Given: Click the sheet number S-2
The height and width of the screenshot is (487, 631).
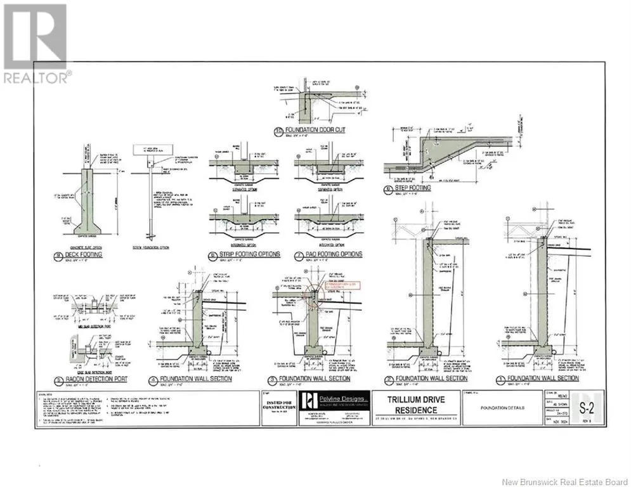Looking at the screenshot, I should click(x=588, y=402).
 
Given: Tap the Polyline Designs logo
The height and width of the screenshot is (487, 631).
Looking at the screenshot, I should click(x=310, y=401).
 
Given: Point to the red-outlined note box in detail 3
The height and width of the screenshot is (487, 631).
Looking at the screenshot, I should click(x=342, y=285).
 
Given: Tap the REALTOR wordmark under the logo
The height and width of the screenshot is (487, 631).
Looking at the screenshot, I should click(x=37, y=77).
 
